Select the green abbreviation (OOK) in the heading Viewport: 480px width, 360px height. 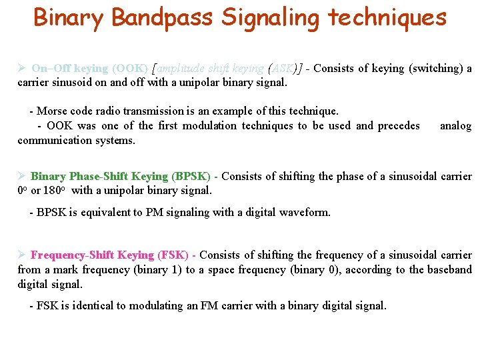pos(130,69)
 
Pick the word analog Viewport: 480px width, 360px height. pos(456,125)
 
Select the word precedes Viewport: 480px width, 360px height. pos(399,125)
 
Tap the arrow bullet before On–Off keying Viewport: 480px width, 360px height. pos(21,69)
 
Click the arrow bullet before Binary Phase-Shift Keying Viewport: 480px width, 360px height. pos(21,177)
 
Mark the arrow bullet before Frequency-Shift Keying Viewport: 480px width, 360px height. pos(21,255)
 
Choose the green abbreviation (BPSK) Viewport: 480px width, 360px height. pos(191,177)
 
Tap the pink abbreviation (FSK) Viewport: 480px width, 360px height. pos(172,255)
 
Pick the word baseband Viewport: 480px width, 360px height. pos(449,269)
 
